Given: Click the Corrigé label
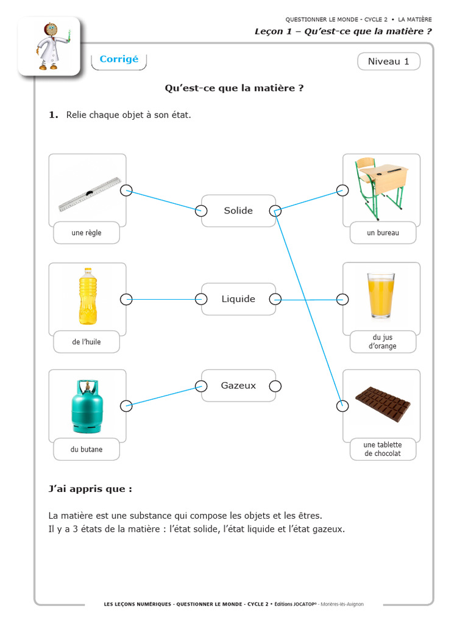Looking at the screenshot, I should point(119,59).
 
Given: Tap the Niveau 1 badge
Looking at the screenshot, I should point(388,61).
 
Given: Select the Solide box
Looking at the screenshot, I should point(238,211).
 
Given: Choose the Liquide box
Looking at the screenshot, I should point(238,299).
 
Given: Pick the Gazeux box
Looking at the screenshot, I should point(238,386).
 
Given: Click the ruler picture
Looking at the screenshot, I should point(90,194).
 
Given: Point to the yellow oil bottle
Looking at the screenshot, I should point(88,296).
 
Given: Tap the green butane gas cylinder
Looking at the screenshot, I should point(87,406).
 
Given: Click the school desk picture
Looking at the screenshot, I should point(381,187).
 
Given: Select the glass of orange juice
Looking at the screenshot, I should point(381,295).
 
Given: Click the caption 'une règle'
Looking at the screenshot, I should point(87,233).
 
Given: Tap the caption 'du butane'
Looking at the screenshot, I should point(87,449).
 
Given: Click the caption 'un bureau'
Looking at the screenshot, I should point(383,233).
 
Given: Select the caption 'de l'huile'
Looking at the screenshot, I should point(87,342).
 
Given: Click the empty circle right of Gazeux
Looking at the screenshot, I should point(275,386).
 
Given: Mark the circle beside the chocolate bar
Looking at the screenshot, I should point(342,405).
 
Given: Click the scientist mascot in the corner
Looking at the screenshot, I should point(49,46).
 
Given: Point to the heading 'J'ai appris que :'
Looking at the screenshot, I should point(90,489).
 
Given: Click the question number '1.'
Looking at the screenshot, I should point(54,114).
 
